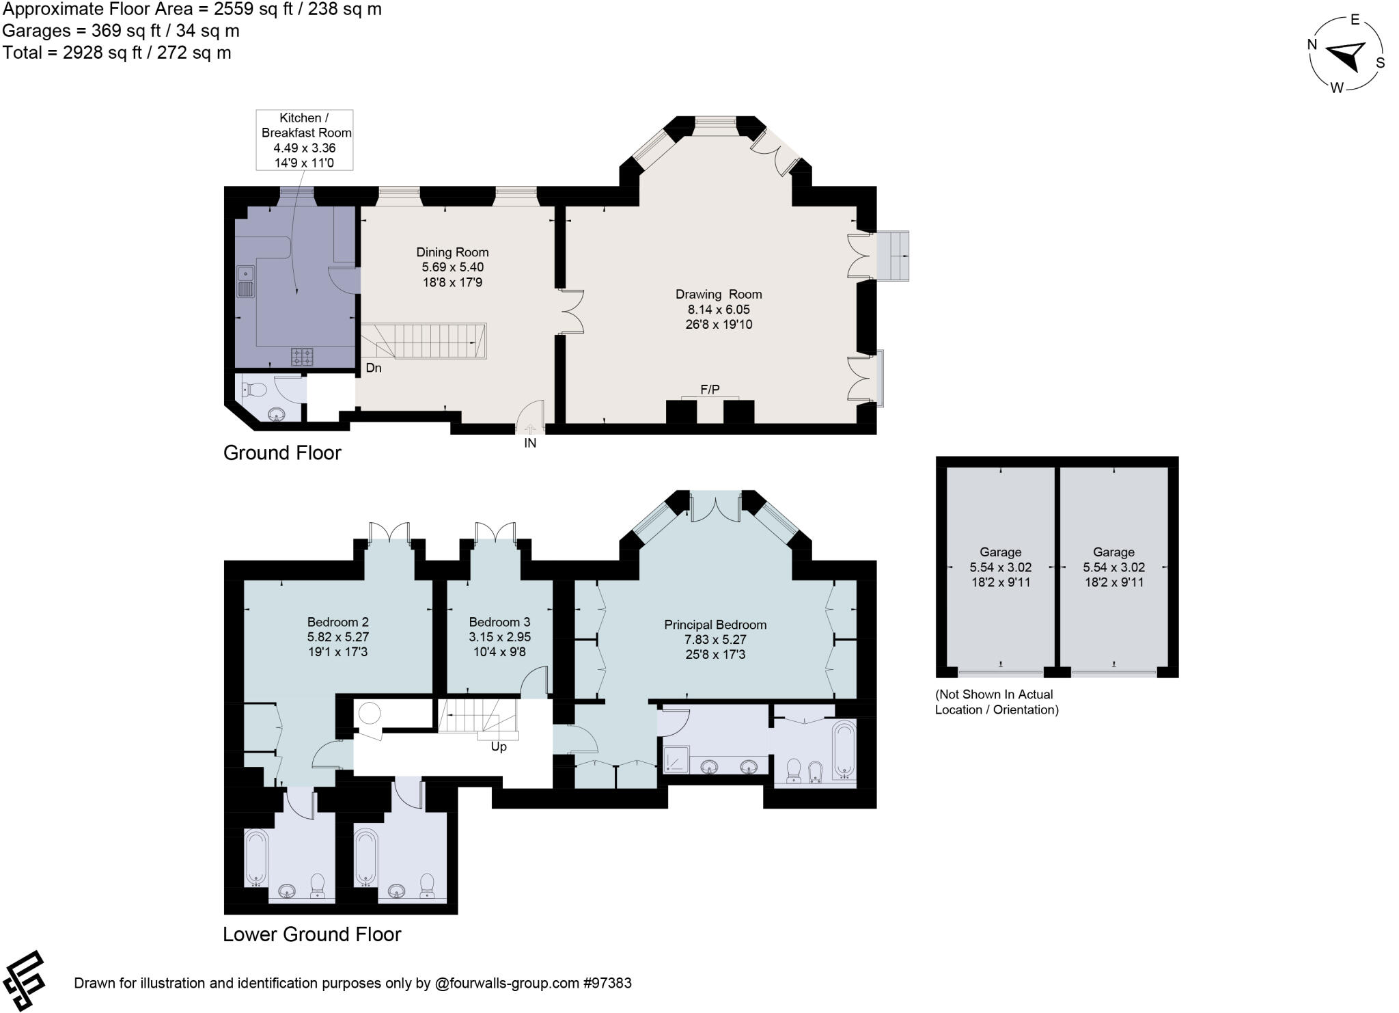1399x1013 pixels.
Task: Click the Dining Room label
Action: [x=452, y=252]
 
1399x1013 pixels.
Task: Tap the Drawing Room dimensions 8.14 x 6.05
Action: [x=719, y=310]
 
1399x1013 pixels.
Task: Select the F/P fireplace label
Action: [x=710, y=390]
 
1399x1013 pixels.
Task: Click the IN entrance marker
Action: [x=530, y=443]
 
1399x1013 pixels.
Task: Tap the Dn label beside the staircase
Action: [x=373, y=368]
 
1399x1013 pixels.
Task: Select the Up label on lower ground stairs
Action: [x=499, y=747]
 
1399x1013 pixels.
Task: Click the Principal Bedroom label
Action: [x=715, y=625]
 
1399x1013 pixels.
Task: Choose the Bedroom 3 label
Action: [x=499, y=622]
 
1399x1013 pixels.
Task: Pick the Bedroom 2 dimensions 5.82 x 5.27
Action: [x=337, y=637]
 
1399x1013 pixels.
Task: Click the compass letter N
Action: [x=1312, y=45]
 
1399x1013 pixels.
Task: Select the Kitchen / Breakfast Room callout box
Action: [x=305, y=139]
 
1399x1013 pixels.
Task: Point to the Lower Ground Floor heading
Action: [x=311, y=934]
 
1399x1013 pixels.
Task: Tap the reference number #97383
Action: [x=607, y=984]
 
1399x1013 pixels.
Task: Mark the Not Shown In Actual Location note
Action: [x=996, y=702]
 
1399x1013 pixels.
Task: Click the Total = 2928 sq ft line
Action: [x=117, y=53]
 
